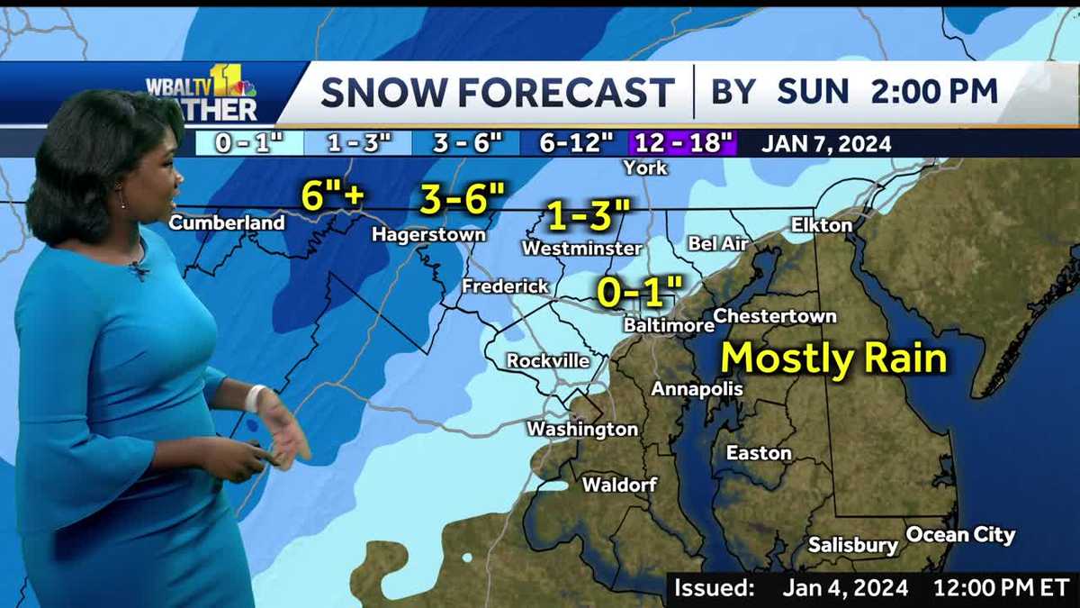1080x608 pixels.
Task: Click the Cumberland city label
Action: [x=227, y=222]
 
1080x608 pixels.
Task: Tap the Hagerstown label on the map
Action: [x=429, y=234]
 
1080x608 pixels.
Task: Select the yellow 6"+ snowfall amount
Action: [x=331, y=195]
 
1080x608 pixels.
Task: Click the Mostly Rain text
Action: [x=834, y=358]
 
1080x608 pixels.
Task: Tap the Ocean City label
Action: [x=960, y=535]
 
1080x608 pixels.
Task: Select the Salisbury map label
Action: [x=852, y=545]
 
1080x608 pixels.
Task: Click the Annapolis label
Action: [x=697, y=389]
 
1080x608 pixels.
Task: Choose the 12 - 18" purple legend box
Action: [x=683, y=143]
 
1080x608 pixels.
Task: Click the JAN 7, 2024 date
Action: [x=826, y=143]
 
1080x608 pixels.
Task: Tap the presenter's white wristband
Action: [x=255, y=397]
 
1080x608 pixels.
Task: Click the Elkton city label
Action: [x=821, y=224]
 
